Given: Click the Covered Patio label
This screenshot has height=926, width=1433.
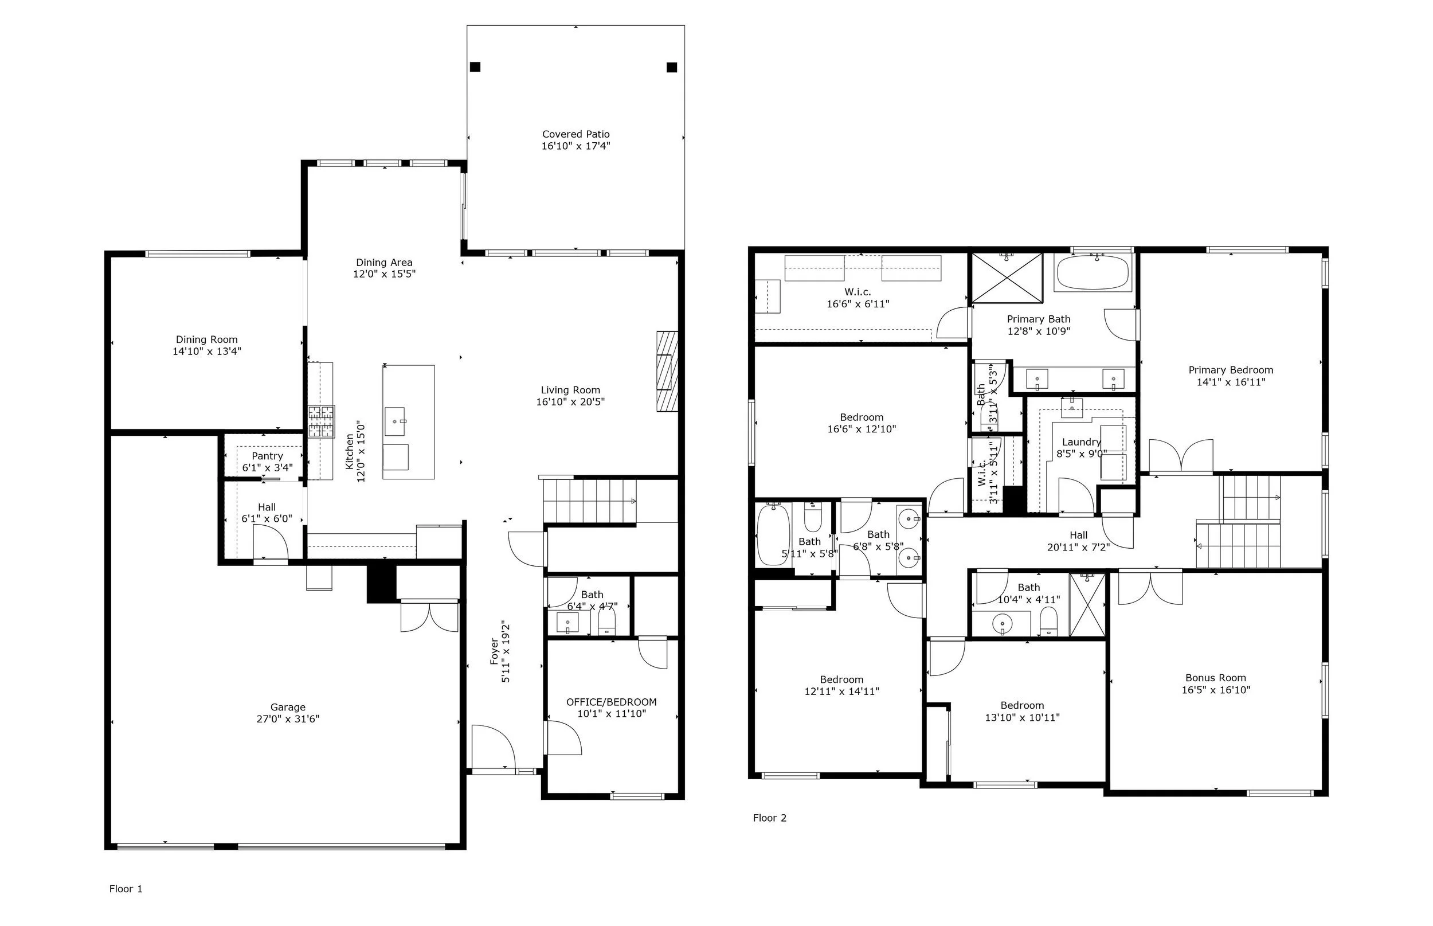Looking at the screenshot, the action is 576,134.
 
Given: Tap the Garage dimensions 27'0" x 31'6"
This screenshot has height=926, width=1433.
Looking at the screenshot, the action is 288,719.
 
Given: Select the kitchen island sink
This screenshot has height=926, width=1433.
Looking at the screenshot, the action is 396,416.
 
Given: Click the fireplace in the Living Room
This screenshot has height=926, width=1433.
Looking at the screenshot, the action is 667,371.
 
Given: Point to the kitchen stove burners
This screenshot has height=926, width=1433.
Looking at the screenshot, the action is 321,421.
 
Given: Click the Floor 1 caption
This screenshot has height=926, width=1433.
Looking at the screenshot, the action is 126,889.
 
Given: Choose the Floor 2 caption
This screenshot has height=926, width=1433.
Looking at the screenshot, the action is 769,818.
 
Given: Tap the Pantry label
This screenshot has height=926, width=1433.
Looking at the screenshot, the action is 267,456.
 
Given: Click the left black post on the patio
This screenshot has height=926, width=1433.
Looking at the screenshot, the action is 475,67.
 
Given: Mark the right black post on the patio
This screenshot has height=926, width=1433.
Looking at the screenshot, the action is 672,67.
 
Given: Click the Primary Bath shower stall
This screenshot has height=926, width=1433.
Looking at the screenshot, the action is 1007,278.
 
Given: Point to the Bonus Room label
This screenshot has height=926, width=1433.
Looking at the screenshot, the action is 1215,678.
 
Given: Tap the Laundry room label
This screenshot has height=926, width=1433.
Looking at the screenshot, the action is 1082,442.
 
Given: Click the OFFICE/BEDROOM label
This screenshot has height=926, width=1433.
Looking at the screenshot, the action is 611,702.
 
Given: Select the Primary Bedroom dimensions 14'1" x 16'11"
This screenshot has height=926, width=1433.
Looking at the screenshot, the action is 1231,382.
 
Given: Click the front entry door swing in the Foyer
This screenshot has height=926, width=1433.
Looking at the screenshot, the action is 494,747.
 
